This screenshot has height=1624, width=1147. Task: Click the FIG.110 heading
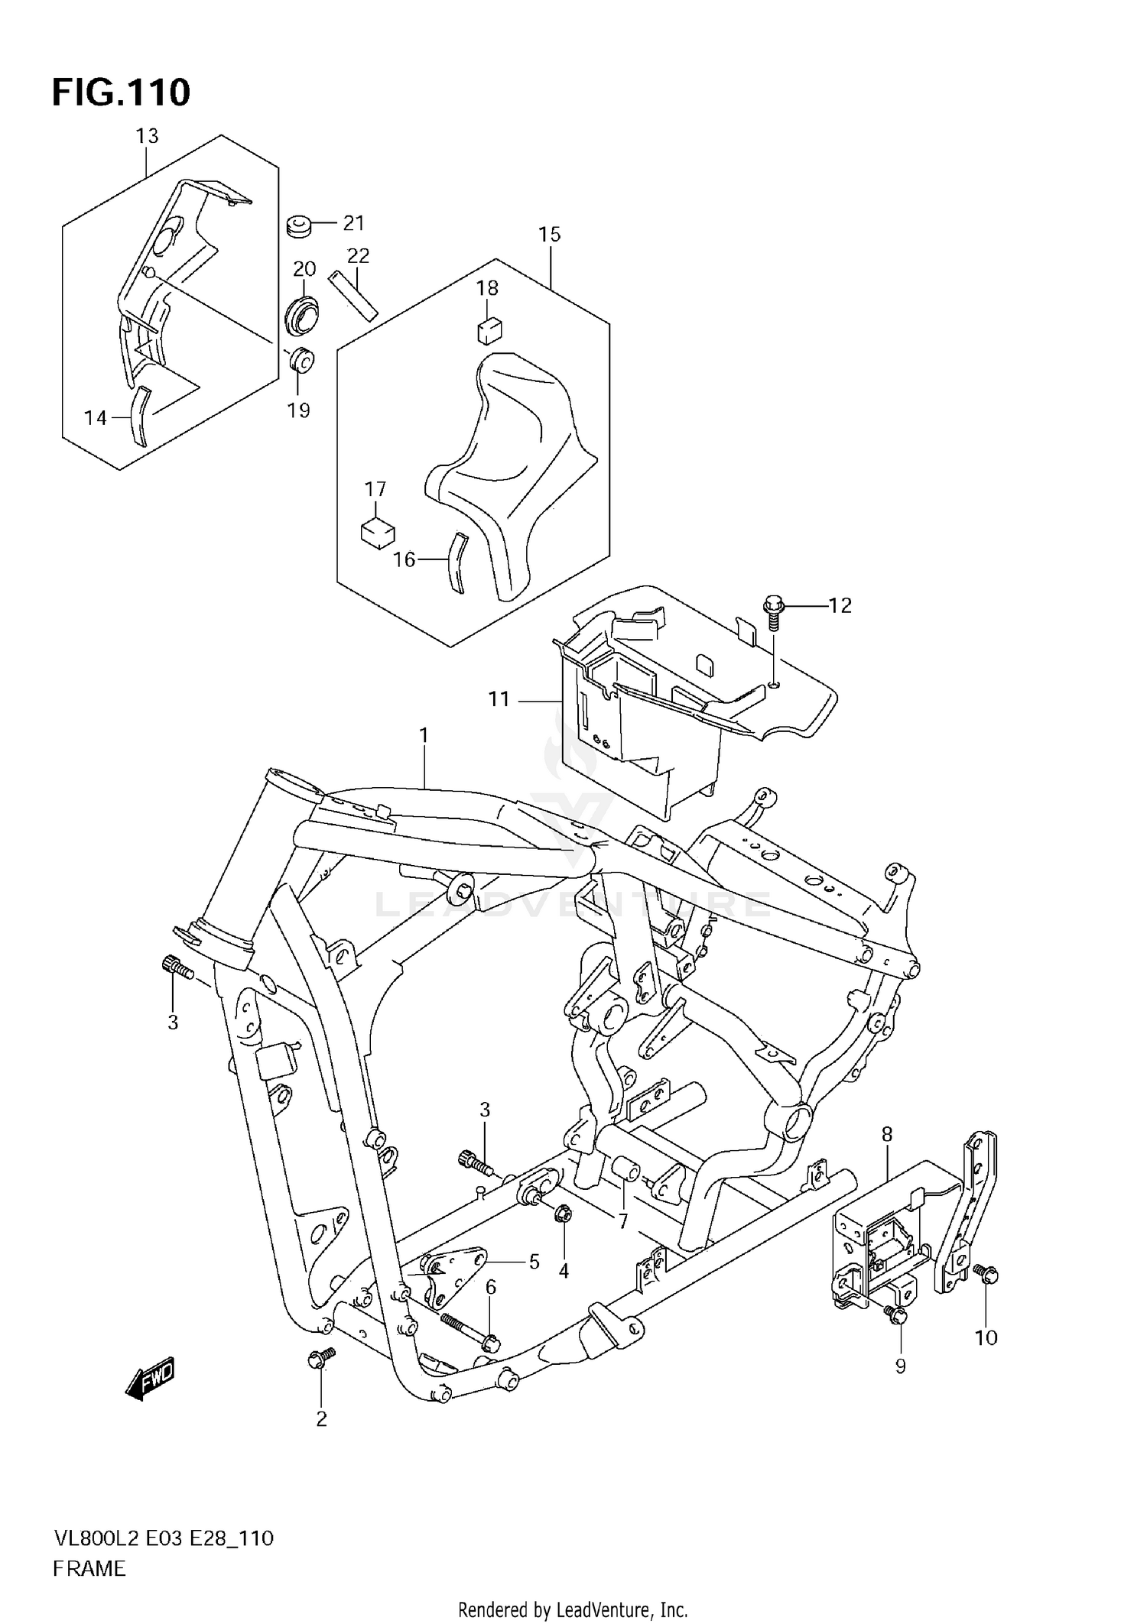[x=121, y=93]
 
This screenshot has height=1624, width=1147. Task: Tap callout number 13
[x=147, y=136]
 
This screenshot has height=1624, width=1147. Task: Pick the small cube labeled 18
[x=489, y=331]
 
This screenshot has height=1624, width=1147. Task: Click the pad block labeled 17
[x=376, y=532]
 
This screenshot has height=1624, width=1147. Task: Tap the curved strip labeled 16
[x=456, y=562]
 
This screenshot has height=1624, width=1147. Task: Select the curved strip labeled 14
[x=139, y=417]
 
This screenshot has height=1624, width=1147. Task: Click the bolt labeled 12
[x=772, y=613]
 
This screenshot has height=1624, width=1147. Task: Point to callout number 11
[x=499, y=699]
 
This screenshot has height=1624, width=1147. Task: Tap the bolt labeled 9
[x=897, y=1315]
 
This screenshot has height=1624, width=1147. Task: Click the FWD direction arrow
[x=151, y=1379]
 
